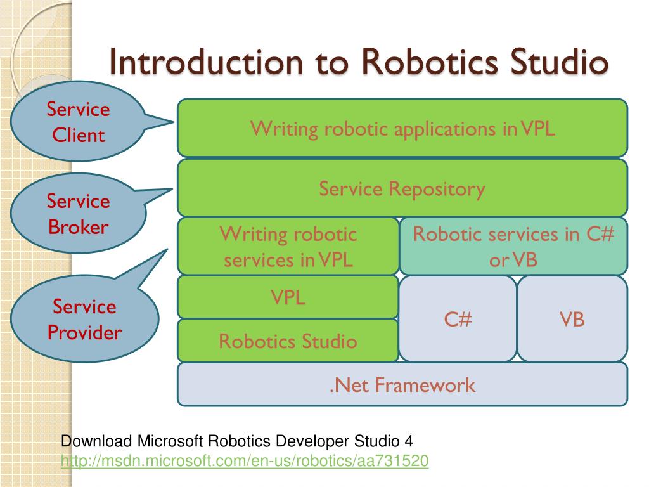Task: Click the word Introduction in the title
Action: pos(206,62)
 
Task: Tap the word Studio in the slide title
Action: pos(559,62)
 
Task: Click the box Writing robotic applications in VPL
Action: pos(402,128)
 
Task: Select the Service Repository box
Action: pos(402,188)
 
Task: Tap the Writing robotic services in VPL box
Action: pos(288,247)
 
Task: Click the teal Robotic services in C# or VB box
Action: pos(513,247)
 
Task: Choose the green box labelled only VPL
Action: pos(288,297)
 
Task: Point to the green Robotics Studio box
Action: pos(288,341)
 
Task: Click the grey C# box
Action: pos(458,319)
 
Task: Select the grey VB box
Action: pos(572,319)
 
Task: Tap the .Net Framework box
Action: pos(402,384)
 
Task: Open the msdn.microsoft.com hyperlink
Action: pos(245,461)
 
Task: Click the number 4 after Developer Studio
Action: pos(409,441)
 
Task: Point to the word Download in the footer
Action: pos(96,441)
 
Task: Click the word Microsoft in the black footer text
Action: pos(170,441)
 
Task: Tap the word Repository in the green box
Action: pos(437,189)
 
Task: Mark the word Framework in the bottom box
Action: pos(425,385)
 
